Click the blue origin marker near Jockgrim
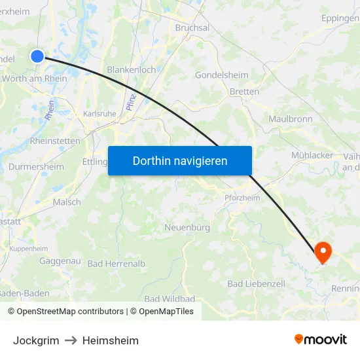click(x=37, y=56)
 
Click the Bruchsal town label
click(x=192, y=28)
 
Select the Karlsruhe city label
click(x=99, y=113)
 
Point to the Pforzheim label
click(x=242, y=198)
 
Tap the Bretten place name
click(x=244, y=92)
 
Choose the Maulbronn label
click(x=291, y=119)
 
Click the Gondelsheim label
click(x=221, y=75)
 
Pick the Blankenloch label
click(x=131, y=69)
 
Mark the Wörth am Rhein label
click(x=35, y=79)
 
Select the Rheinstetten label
click(x=55, y=141)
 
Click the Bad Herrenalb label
click(x=116, y=263)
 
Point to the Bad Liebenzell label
click(x=256, y=283)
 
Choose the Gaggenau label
click(x=60, y=261)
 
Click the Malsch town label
click(x=67, y=202)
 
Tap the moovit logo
click(x=321, y=340)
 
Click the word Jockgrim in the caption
click(x=36, y=340)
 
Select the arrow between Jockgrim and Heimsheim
click(x=71, y=340)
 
